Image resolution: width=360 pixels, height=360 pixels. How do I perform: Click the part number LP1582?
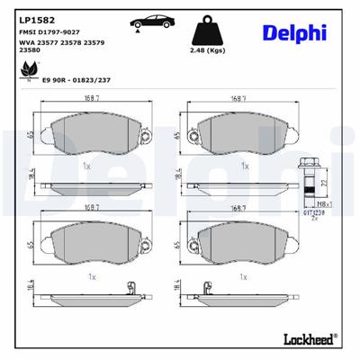click(x=32, y=16)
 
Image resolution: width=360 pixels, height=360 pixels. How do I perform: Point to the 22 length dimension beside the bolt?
click(x=327, y=184)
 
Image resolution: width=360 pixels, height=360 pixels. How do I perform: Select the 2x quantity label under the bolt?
click(x=315, y=219)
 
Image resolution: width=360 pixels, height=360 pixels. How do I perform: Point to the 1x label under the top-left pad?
click(x=86, y=166)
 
